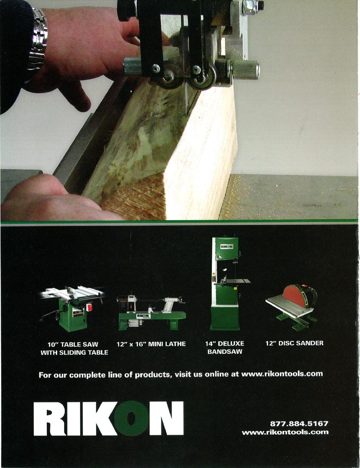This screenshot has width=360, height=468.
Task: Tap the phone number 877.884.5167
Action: [299, 423]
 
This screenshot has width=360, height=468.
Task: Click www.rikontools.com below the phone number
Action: [285, 432]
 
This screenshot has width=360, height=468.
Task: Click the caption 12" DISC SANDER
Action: [295, 343]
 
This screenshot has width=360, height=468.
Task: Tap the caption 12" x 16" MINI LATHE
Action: [151, 344]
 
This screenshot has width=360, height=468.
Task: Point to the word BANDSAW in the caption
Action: [224, 352]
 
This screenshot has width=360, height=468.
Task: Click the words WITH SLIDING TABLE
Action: [74, 353]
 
